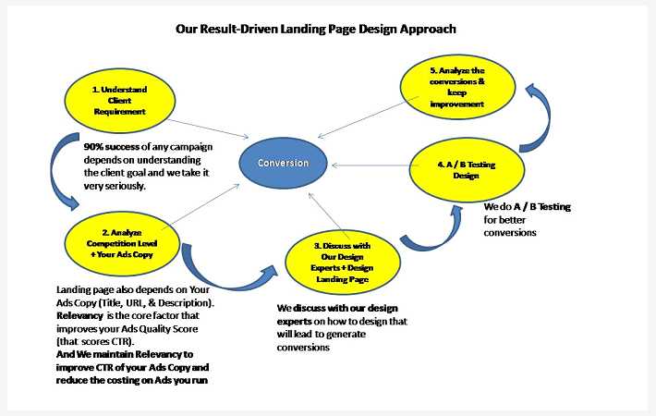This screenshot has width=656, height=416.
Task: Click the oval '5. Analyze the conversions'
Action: point(456,88)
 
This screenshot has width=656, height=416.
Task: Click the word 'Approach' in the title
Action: point(424,29)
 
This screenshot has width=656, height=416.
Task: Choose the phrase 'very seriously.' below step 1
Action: point(115,186)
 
